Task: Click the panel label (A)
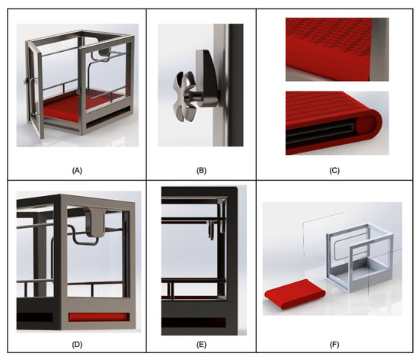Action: (77, 171)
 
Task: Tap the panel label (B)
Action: (201, 171)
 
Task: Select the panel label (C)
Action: (334, 171)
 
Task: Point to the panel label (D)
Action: (77, 345)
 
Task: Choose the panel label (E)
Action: (201, 345)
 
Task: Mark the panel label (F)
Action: (334, 345)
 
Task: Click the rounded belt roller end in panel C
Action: (370, 125)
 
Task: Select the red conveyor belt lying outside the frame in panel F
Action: (295, 294)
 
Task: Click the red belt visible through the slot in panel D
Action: (98, 317)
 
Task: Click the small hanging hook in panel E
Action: (211, 230)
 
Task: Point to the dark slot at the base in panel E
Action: (194, 322)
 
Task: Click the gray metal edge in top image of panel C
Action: (379, 50)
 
